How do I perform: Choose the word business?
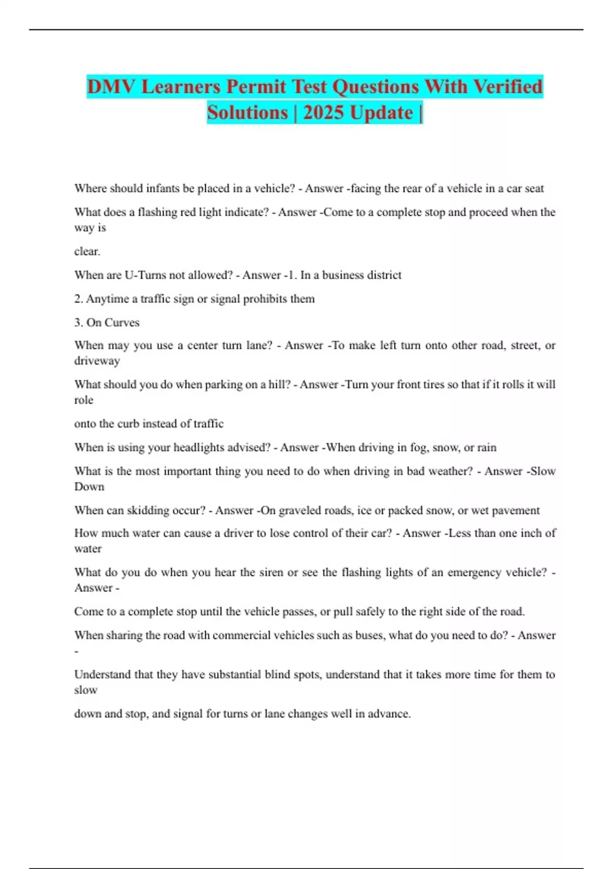coord(345,275)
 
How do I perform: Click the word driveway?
coord(97,361)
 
